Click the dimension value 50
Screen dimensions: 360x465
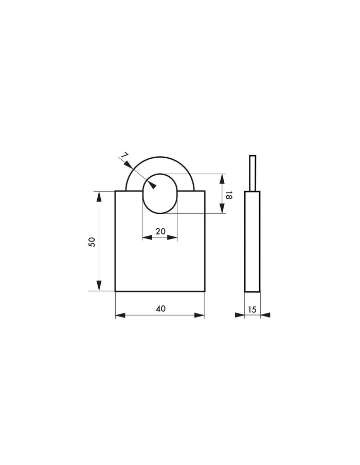92,242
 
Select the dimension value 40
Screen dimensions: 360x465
160,309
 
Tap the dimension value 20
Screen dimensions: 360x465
160,231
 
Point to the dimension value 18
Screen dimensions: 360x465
228,195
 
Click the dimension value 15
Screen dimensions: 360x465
251,310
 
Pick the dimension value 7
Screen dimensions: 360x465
124,155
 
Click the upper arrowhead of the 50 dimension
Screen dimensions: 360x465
99,196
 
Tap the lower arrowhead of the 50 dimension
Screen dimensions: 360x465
99,286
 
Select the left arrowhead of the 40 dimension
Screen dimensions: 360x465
120,315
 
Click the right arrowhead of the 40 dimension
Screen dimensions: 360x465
200,315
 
